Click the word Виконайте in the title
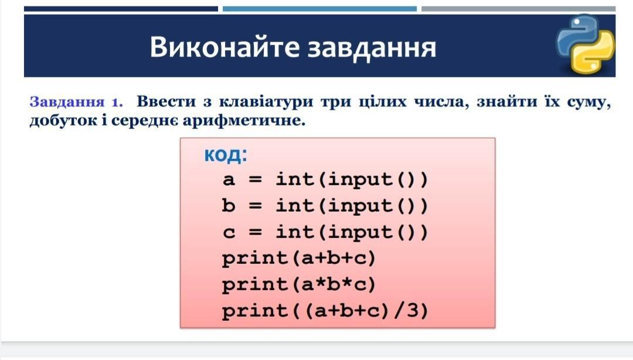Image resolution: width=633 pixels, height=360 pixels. coord(224,47)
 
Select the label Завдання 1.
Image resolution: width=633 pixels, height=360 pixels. coord(76,101)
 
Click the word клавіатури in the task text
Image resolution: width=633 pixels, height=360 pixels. coord(266,101)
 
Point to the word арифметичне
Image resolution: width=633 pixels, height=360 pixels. coord(243,120)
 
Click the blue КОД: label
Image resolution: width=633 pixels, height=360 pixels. coord(225,155)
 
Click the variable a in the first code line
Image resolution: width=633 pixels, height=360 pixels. coord(228,179)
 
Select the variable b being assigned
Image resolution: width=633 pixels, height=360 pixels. coord(228,205)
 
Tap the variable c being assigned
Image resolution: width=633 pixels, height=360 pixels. coord(229,232)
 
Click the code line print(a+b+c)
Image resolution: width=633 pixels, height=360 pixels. coord(299,259)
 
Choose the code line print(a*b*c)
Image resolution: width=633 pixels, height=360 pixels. coord(299,285)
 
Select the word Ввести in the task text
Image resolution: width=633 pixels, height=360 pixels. coord(166,101)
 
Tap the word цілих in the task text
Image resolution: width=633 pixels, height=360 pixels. coord(383,101)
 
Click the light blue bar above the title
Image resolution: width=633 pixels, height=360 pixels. coord(319,9)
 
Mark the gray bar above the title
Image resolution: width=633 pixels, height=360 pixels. coord(518,9)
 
